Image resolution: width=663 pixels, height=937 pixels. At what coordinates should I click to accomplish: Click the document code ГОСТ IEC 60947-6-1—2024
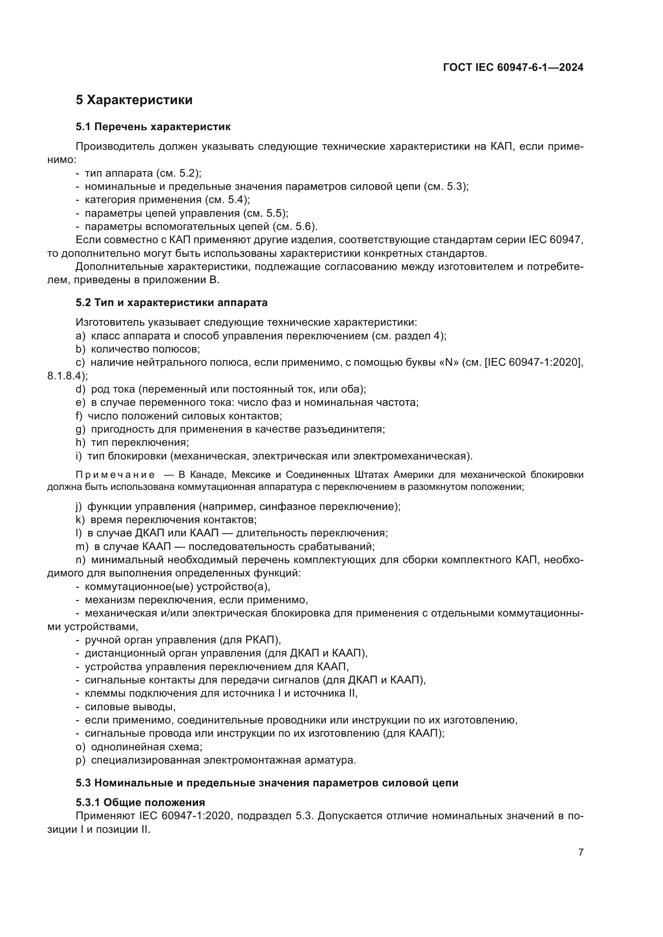(x=513, y=68)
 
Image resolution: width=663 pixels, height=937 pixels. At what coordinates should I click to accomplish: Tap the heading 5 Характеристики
(x=134, y=100)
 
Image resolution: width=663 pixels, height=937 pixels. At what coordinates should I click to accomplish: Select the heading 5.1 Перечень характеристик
(x=153, y=127)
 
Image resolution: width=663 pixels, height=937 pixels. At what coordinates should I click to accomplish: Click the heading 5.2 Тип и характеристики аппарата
(x=172, y=302)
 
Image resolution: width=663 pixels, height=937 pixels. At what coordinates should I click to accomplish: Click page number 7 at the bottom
(x=580, y=852)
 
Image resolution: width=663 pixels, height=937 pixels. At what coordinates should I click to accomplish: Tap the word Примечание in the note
(x=115, y=475)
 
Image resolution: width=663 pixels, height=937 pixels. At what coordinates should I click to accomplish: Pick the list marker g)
(x=80, y=429)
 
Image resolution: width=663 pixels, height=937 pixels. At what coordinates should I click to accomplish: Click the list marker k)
(x=80, y=520)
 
